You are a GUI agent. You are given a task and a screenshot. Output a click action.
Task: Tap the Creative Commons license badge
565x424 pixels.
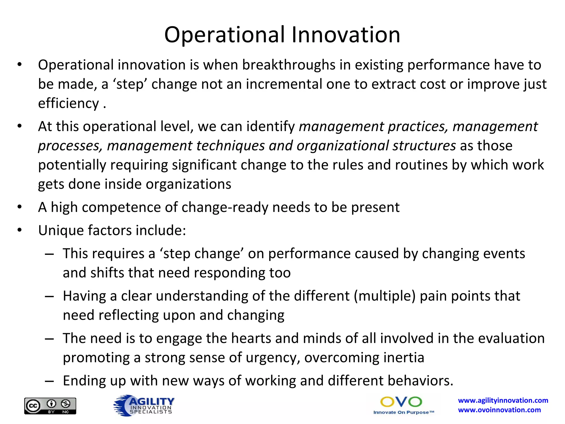(x=50, y=406)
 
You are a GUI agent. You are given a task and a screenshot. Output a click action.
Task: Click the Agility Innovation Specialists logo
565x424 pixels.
(x=144, y=405)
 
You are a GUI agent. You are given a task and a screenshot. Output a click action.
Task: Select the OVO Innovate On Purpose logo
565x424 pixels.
(x=403, y=405)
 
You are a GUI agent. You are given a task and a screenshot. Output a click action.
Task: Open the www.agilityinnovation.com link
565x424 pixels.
(x=503, y=400)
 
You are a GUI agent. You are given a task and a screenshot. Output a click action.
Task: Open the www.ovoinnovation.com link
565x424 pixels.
(x=499, y=410)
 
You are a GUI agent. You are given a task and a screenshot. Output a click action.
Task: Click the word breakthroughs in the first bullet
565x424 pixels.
(x=289, y=65)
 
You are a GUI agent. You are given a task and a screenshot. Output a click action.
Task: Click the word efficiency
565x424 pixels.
(x=68, y=104)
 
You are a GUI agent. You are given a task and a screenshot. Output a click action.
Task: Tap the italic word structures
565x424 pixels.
(x=424, y=146)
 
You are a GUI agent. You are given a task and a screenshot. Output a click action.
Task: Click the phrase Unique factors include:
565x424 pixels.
(x=112, y=230)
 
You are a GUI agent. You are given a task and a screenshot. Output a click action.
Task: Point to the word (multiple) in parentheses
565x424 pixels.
(x=385, y=296)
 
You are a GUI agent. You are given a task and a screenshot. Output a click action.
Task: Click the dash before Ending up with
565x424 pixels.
(x=49, y=381)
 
